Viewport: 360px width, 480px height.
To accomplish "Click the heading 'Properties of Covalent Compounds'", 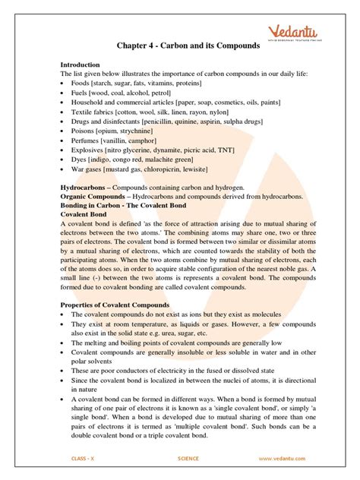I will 118,305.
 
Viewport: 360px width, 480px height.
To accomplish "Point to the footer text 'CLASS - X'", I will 77,459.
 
